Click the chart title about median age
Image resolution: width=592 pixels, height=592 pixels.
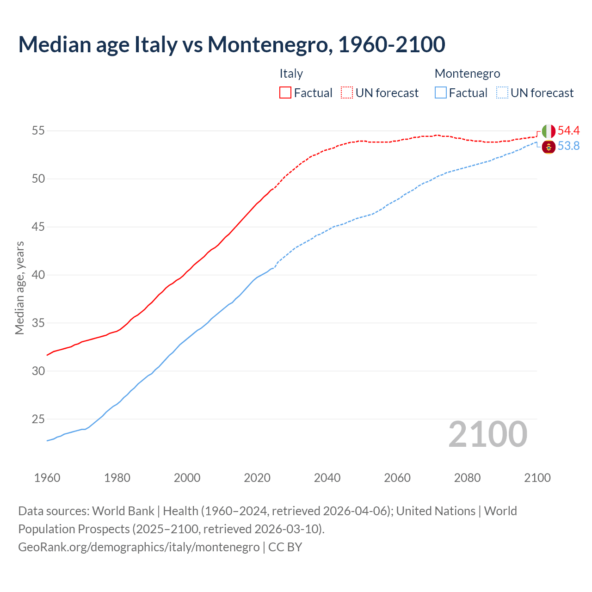pyautogui.click(x=231, y=44)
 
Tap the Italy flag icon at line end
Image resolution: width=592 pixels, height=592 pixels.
pyautogui.click(x=549, y=131)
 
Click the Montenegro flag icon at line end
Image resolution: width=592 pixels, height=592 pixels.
pyautogui.click(x=549, y=147)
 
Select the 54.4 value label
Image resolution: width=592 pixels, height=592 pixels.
pyautogui.click(x=568, y=131)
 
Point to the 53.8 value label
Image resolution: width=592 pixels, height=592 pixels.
pyautogui.click(x=568, y=146)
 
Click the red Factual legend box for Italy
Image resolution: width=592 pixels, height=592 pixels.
pyautogui.click(x=285, y=93)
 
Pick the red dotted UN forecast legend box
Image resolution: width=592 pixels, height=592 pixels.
pyautogui.click(x=347, y=93)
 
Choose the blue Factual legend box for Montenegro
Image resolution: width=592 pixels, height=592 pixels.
pyautogui.click(x=441, y=93)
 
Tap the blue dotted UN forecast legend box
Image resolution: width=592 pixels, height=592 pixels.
pyautogui.click(x=502, y=93)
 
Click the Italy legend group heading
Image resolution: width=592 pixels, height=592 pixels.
pyautogui.click(x=291, y=74)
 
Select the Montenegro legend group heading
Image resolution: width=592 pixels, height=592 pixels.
pyautogui.click(x=467, y=74)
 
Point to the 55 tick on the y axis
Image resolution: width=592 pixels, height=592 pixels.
pyautogui.click(x=38, y=131)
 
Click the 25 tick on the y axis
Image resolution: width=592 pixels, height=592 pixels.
pyautogui.click(x=38, y=419)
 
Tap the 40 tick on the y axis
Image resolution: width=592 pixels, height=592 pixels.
pyautogui.click(x=38, y=275)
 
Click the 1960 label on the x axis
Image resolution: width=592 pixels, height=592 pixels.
pyautogui.click(x=47, y=478)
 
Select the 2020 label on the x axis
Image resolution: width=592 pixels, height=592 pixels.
pyautogui.click(x=257, y=478)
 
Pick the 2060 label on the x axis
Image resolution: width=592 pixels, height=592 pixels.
pyautogui.click(x=397, y=478)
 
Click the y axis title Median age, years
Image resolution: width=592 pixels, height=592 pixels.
pyautogui.click(x=19, y=288)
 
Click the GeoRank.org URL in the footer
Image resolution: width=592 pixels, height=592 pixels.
pyautogui.click(x=139, y=547)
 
